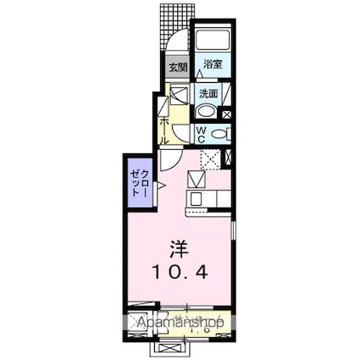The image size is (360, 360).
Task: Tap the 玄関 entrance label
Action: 177,67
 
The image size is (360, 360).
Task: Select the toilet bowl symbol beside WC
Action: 219,134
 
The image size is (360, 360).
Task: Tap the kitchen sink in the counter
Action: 196,199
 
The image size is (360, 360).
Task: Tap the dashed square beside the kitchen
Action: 211,158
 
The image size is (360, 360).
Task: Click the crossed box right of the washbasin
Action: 227,113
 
